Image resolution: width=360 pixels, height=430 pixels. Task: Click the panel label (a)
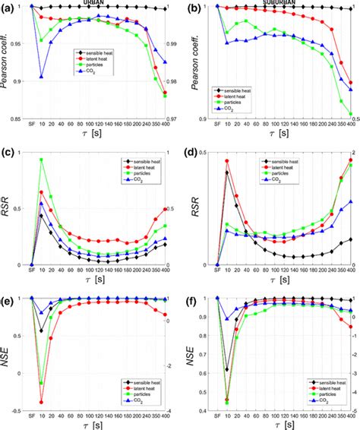[x=9, y=8]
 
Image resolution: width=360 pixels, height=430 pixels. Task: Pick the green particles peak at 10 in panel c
[x=43, y=160]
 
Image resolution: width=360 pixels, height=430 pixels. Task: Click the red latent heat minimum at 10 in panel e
[x=43, y=403]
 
